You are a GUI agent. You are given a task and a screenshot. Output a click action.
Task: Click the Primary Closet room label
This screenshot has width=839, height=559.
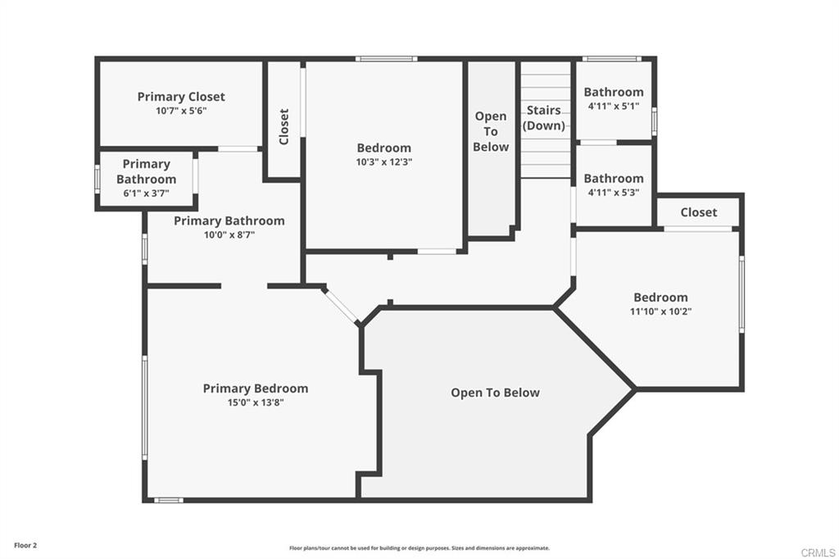point(180,97)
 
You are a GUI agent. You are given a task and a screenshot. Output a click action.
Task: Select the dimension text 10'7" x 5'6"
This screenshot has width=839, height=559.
point(180,111)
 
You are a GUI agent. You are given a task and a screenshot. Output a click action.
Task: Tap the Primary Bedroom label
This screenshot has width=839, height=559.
point(256,389)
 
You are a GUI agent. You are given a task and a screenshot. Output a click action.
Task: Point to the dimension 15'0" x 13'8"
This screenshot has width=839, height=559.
point(256,402)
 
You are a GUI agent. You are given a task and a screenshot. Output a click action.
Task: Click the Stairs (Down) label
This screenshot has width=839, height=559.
point(544,118)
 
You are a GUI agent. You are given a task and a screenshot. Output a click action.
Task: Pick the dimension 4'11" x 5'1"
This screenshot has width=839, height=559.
point(613,107)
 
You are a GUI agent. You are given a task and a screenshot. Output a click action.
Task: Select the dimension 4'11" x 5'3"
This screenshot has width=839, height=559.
point(613,193)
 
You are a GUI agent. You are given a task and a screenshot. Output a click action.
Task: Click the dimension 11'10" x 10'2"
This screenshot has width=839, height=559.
point(660,311)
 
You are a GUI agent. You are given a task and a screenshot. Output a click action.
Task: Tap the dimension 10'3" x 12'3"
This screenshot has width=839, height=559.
point(383,162)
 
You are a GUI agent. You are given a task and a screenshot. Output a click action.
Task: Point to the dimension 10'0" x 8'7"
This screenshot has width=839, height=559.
point(229,235)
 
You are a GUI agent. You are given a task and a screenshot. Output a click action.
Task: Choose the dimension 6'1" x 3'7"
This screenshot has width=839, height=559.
point(146,193)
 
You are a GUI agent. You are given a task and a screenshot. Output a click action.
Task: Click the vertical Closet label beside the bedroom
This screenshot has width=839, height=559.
point(283,127)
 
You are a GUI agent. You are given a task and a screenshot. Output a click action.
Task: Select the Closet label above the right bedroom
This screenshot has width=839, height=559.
point(698,212)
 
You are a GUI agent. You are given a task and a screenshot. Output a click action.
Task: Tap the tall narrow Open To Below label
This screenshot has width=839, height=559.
point(491,131)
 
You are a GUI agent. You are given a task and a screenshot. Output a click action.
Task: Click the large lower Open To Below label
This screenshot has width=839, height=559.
point(495,393)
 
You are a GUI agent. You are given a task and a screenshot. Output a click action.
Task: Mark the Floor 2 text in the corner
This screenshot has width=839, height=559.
point(25,545)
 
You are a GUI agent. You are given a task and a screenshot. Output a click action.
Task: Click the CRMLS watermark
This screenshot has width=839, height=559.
point(818,552)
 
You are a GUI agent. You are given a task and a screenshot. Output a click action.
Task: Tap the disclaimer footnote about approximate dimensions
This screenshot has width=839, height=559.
point(419,548)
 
